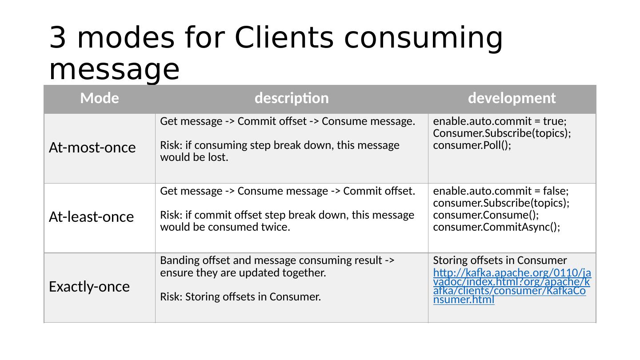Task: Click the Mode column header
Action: coord(100,98)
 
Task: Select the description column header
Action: coord(292,98)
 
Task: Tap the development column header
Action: coord(512,98)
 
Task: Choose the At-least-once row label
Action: coord(91,217)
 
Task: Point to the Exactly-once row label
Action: coord(89,287)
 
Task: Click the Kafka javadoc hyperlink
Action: coord(512,286)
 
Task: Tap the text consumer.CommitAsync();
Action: coord(496,227)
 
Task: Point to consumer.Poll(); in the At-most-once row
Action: coord(472,145)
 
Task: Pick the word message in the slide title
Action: coord(114,70)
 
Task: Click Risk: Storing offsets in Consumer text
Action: coord(240,297)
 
